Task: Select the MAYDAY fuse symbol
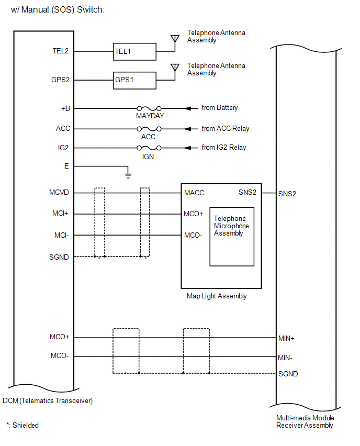149,108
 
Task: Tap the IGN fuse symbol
149,148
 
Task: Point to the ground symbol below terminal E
128,176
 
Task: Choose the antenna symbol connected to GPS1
175,68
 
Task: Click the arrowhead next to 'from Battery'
188,108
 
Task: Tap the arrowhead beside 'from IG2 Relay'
188,148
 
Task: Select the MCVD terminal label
59,193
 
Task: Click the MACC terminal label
194,193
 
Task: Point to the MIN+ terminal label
286,338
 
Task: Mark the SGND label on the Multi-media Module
288,374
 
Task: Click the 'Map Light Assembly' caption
217,296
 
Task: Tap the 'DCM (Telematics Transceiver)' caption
48,401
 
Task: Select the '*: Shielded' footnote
22,425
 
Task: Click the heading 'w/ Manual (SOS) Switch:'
58,9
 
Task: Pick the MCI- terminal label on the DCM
61,235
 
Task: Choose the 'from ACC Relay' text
226,129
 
